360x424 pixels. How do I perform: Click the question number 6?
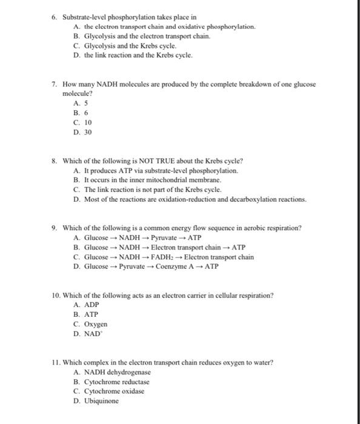point(54,18)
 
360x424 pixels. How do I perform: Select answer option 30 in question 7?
point(88,132)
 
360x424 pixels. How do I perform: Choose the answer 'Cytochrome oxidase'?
point(114,391)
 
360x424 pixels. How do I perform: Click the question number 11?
point(55,362)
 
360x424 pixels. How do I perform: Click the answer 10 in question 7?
point(88,122)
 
